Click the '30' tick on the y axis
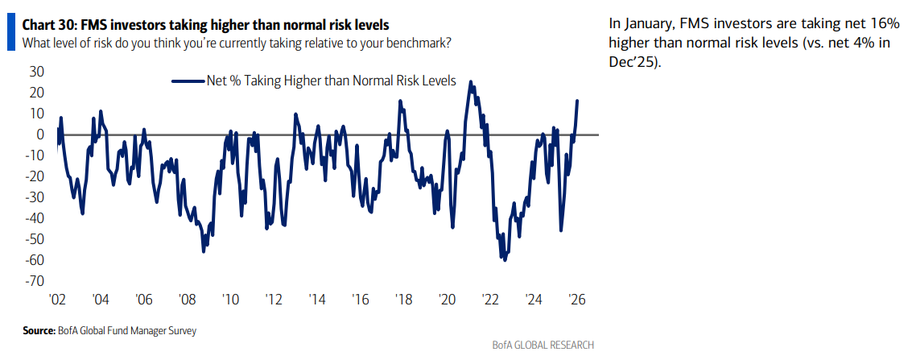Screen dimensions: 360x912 pyautogui.click(x=37, y=72)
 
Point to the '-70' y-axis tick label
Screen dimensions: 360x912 pyautogui.click(x=34, y=281)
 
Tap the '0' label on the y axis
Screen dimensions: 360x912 pyautogui.click(x=40, y=134)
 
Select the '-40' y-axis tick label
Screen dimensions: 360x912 pyautogui.click(x=34, y=218)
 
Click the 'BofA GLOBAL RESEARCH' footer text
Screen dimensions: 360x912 pyautogui.click(x=543, y=345)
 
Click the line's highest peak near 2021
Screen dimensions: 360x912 pyautogui.click(x=471, y=81)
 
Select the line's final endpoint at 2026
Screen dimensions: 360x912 pyautogui.click(x=577, y=101)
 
